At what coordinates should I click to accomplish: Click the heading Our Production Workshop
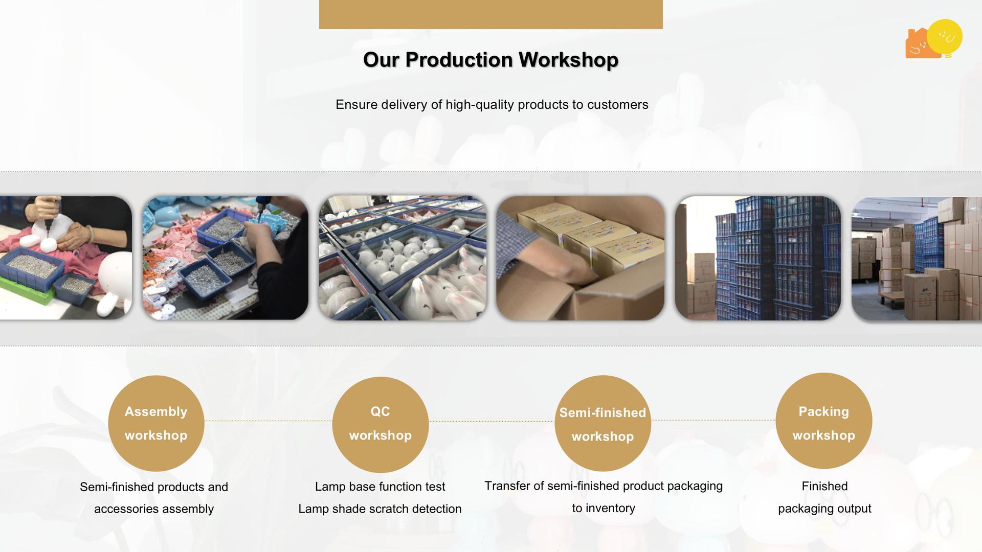click(x=490, y=60)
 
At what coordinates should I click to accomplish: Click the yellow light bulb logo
click(x=945, y=37)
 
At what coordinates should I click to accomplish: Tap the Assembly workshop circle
click(x=156, y=423)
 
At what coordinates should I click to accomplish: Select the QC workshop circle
click(x=380, y=424)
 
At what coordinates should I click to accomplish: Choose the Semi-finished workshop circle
click(x=602, y=423)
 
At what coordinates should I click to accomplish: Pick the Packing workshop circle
click(x=823, y=421)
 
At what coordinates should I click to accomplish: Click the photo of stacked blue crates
click(x=757, y=258)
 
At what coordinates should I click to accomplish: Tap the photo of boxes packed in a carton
click(x=580, y=258)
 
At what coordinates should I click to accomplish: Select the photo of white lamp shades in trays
click(x=403, y=258)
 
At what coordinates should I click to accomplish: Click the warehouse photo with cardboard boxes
click(x=917, y=259)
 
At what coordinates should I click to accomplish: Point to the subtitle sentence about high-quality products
click(x=492, y=105)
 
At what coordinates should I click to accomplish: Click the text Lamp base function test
click(x=380, y=487)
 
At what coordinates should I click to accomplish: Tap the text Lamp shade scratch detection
click(x=380, y=509)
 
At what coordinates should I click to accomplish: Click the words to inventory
click(x=604, y=508)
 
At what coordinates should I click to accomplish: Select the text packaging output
click(x=824, y=509)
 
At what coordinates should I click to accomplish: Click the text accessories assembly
click(x=154, y=509)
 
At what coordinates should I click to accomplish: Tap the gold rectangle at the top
click(x=491, y=14)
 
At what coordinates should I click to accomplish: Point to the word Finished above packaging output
click(x=824, y=486)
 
